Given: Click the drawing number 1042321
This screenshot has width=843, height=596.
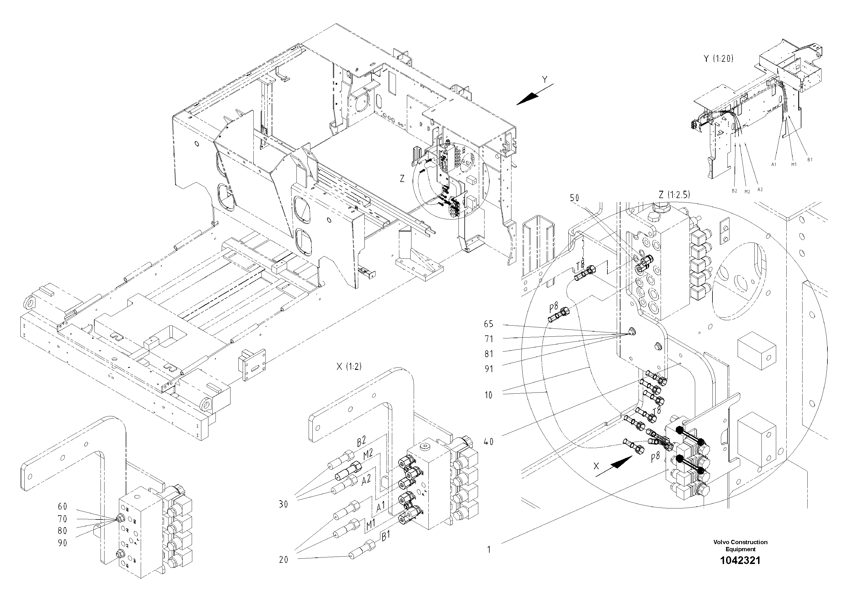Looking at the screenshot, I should click(740, 560).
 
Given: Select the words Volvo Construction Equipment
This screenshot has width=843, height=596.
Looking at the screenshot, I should click(740, 546).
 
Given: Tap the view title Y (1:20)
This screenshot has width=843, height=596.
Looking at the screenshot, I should click(718, 58).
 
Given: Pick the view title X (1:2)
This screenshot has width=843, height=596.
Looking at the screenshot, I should click(349, 366).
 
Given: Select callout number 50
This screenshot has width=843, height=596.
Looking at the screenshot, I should click(574, 198).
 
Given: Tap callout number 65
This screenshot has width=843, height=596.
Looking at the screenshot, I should click(488, 324).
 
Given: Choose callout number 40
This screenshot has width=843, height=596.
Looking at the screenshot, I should click(488, 441).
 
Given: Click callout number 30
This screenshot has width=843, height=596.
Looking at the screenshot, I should click(283, 504).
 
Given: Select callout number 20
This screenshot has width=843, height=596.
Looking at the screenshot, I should click(283, 560).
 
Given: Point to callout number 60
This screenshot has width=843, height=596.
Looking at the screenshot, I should click(62, 506).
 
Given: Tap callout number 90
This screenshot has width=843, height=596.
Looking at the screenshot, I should click(62, 543).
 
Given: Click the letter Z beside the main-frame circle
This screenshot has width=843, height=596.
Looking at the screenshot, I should click(402, 179).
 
